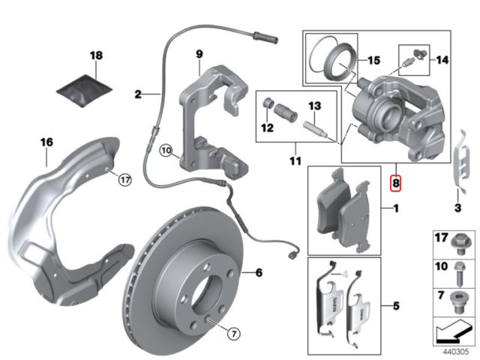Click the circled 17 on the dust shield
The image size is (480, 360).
pos(124,179)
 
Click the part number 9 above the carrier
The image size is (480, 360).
pos(199,54)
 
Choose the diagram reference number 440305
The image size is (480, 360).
pos(455,349)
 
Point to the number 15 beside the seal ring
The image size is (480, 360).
pos(374,59)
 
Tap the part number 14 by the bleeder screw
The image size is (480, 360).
pos(441,59)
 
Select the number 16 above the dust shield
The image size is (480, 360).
pos(46,141)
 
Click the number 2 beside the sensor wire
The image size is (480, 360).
pos(138,94)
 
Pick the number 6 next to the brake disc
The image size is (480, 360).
pos(258,273)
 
